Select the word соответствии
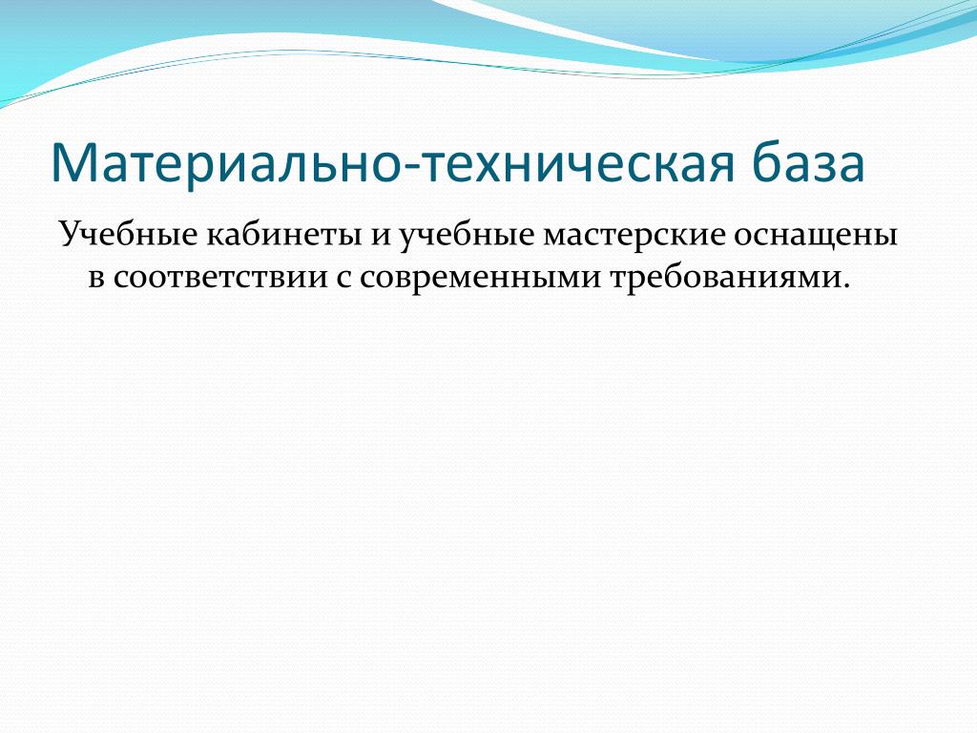pyautogui.click(x=220, y=279)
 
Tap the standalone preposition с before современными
pyautogui.click(x=343, y=279)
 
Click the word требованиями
pyautogui.click(x=724, y=279)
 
